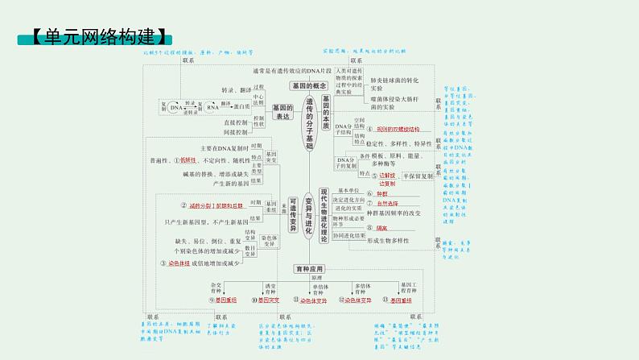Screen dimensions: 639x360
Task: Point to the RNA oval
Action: [212, 106]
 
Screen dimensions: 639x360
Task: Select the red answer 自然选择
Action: [389, 204]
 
